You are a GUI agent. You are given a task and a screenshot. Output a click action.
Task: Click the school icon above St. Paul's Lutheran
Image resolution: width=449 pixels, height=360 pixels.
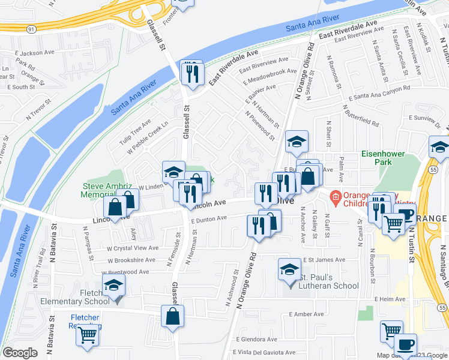[x=289, y=269]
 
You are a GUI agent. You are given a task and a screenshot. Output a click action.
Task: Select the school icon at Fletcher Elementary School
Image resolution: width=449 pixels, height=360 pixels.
[x=113, y=287]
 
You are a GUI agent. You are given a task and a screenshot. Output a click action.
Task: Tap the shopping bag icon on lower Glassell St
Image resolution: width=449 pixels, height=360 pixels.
[x=172, y=316]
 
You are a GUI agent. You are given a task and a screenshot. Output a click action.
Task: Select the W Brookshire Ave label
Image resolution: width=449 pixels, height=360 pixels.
[x=133, y=260]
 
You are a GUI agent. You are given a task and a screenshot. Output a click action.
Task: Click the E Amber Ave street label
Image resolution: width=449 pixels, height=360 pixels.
[x=306, y=314]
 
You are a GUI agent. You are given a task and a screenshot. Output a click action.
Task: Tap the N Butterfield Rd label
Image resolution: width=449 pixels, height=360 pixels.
[x=362, y=117]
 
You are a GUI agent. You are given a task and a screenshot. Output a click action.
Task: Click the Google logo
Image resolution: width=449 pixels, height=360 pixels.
[x=20, y=353]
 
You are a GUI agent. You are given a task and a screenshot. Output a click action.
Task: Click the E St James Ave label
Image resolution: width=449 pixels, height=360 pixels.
[x=324, y=260]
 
